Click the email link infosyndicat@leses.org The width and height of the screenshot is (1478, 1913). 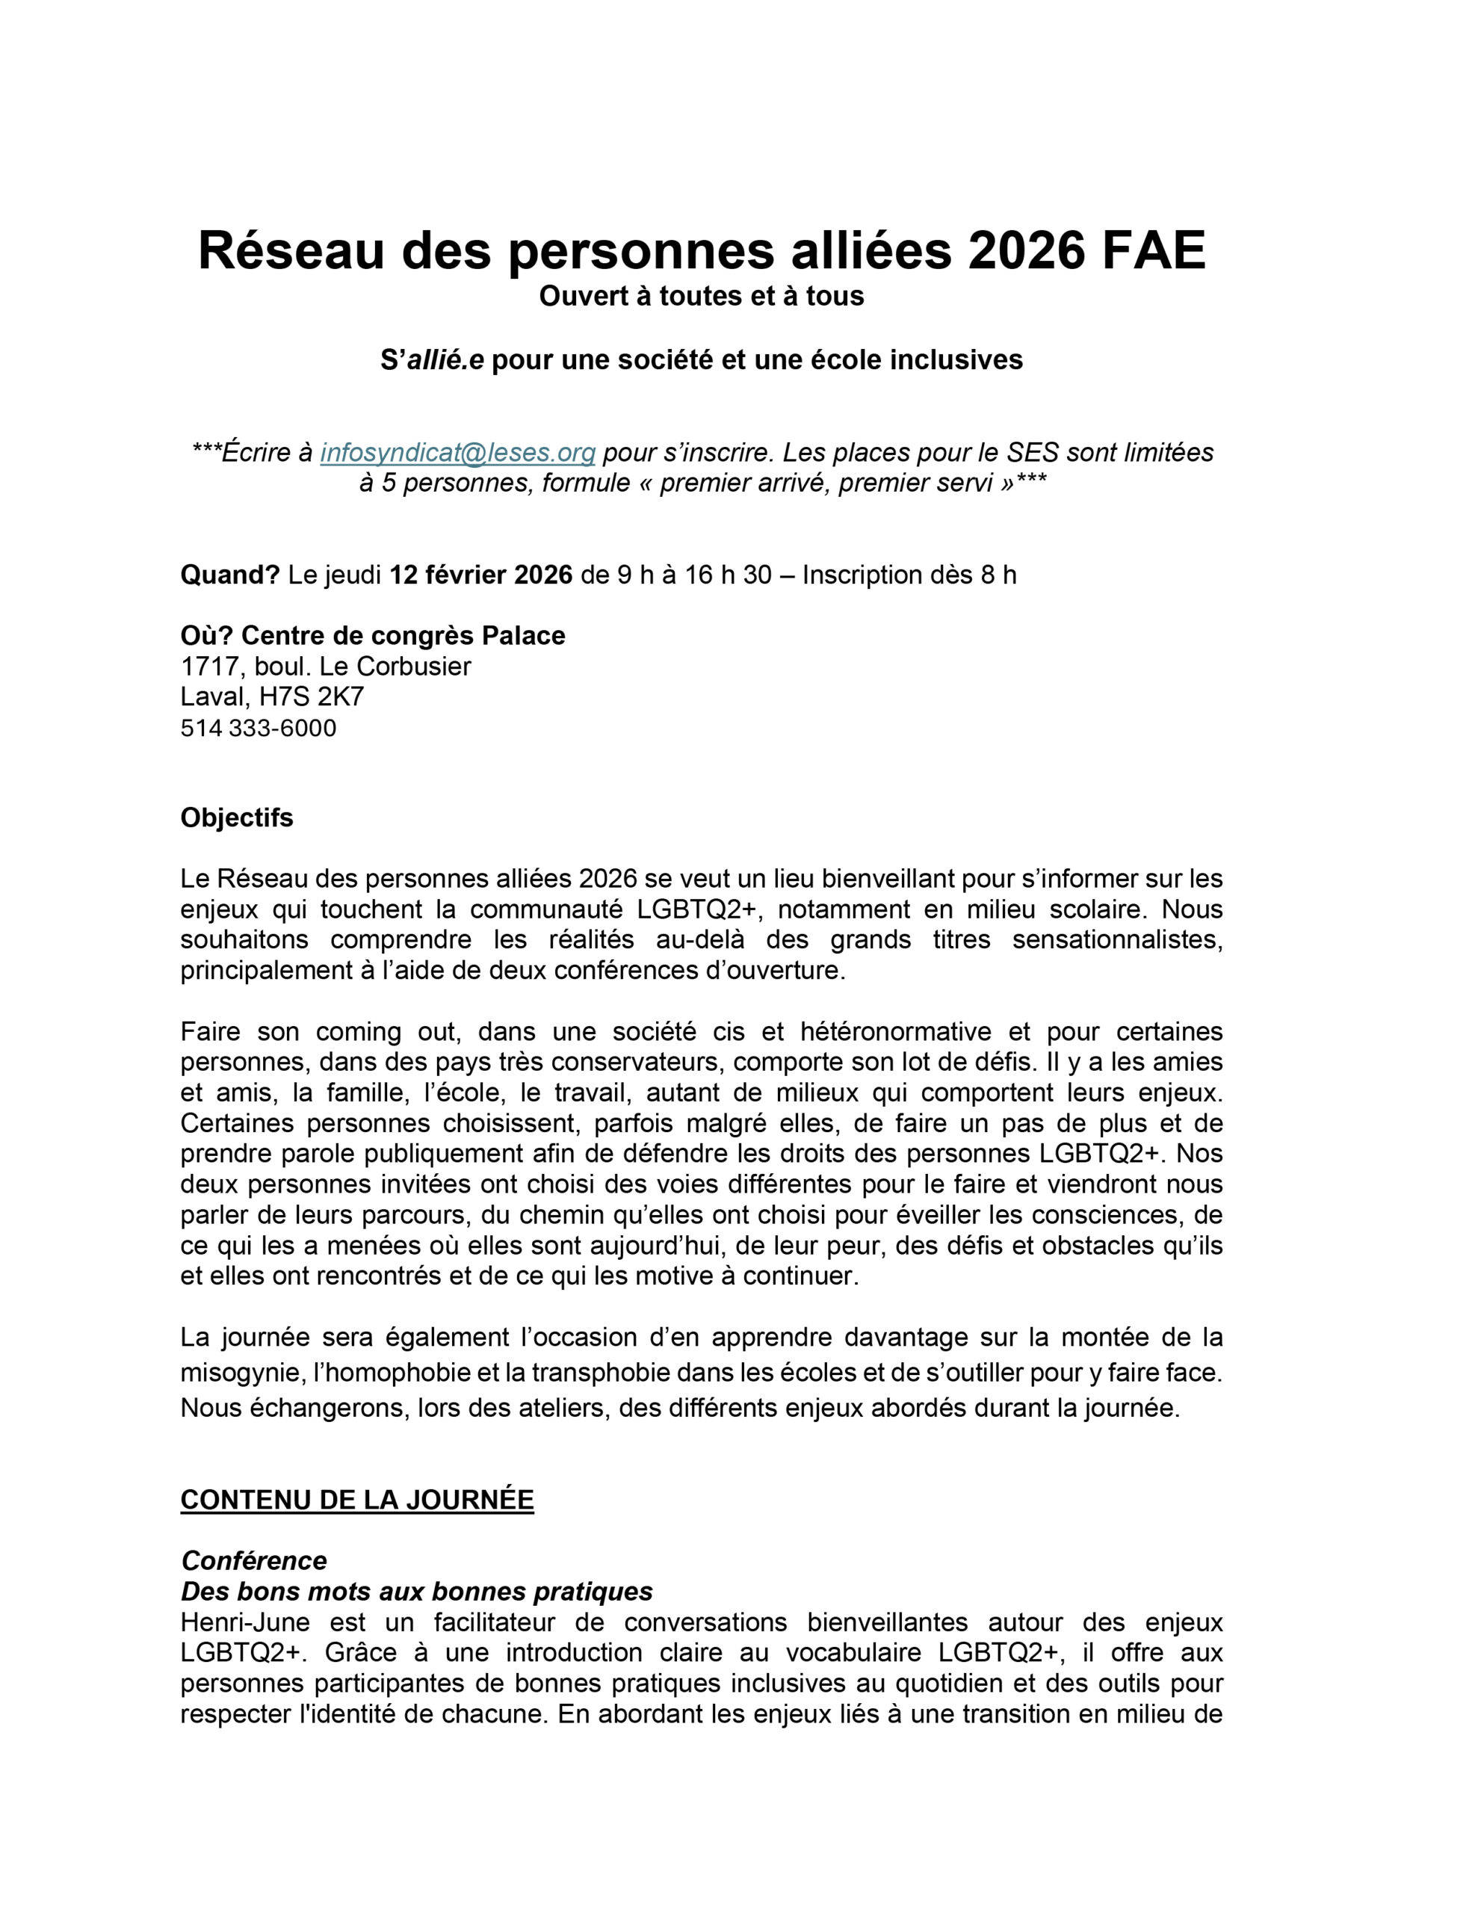click(457, 453)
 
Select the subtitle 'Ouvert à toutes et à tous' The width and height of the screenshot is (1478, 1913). click(701, 297)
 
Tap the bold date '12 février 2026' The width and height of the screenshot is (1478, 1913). click(480, 575)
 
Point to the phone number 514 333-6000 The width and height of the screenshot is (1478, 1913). click(259, 729)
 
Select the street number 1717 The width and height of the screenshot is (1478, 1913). click(210, 667)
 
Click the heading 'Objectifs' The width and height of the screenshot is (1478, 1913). click(237, 818)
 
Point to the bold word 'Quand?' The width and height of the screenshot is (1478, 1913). click(229, 575)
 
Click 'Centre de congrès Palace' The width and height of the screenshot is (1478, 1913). click(403, 636)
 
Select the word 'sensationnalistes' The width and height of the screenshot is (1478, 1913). click(1117, 940)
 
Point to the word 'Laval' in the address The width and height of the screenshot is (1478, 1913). click(213, 697)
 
